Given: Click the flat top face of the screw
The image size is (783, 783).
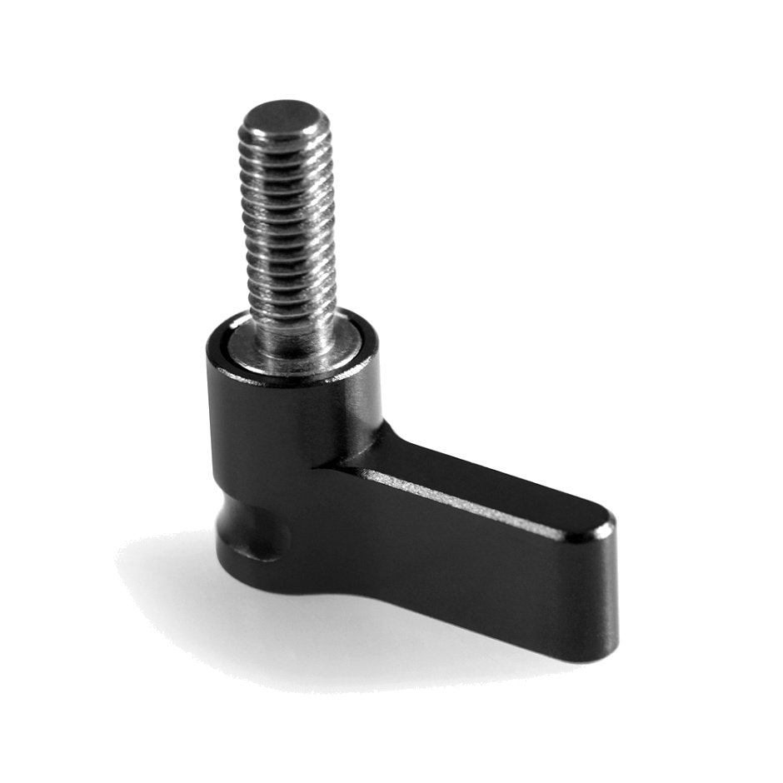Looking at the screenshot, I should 283,115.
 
